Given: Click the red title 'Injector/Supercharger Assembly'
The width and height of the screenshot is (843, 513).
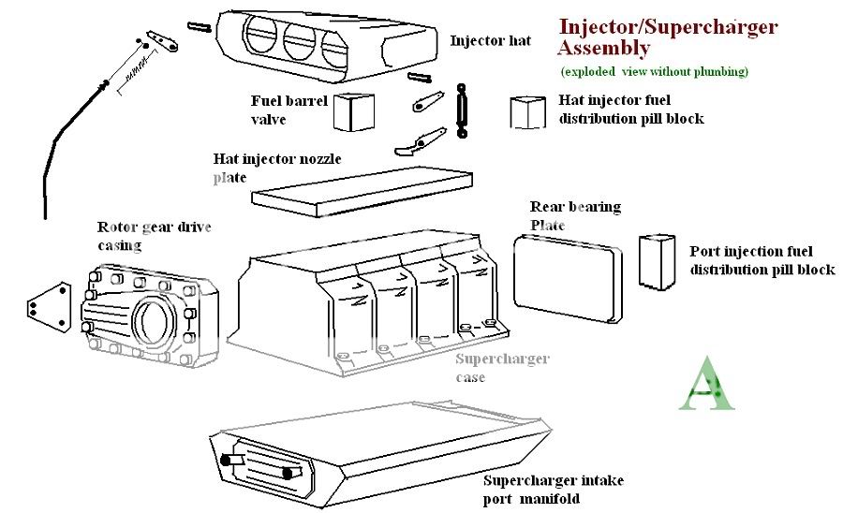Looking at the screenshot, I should coord(666,37).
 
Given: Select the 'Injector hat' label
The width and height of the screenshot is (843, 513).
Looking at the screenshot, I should coord(490,41).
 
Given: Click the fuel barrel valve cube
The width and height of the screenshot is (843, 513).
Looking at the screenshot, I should coord(353,112).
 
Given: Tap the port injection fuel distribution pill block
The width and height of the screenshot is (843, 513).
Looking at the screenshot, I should coord(656,261).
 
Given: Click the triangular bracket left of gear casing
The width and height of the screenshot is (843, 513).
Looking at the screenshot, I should coord(48,308).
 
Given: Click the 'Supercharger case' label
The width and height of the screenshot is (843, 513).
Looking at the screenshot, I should coord(502,368).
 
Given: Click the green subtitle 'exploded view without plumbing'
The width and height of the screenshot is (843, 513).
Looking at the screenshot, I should coord(654,72).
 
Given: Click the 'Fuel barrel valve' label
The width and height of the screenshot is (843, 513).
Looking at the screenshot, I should coord(281,110).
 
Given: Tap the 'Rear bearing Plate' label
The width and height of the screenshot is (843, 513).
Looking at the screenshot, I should coord(575,215).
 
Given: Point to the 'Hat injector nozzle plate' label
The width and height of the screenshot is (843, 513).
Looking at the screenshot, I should coord(276,168).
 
